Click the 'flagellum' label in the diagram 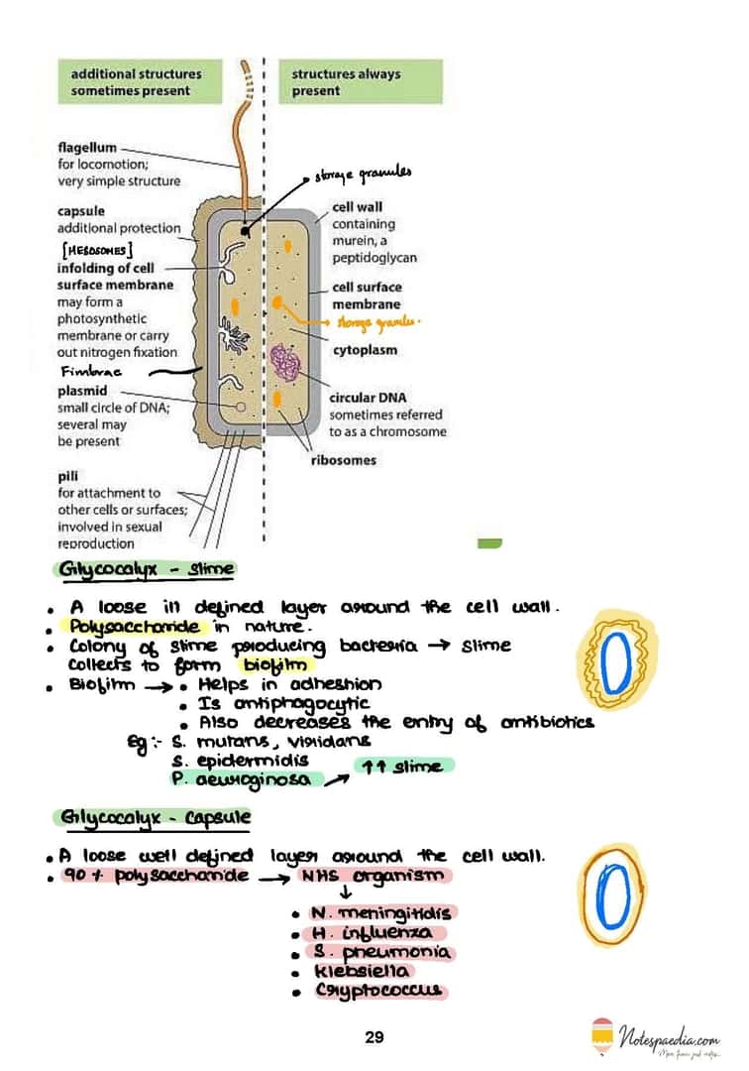click(x=87, y=148)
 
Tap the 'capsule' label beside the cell click(x=81, y=211)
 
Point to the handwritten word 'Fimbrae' click(x=90, y=371)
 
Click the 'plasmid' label click(x=81, y=391)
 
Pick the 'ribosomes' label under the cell click(x=343, y=460)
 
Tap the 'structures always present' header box click(x=361, y=81)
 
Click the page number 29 click(x=374, y=1037)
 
